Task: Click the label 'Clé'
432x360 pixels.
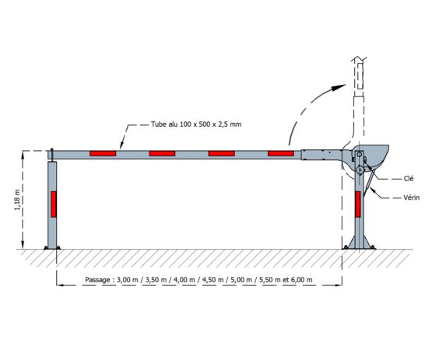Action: click(409, 179)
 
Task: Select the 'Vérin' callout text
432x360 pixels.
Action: click(411, 197)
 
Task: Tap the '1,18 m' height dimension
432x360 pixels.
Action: click(17, 200)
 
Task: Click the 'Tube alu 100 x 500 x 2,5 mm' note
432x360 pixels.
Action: click(196, 124)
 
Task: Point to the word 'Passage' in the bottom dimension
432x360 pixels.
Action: click(97, 280)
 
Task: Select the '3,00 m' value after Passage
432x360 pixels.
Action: click(128, 280)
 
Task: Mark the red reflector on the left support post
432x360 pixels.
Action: click(54, 204)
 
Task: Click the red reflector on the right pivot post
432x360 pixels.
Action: click(358, 204)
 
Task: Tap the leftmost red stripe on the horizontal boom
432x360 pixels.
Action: click(103, 153)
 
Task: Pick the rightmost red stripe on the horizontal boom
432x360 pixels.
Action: click(281, 153)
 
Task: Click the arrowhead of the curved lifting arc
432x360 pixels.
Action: click(339, 88)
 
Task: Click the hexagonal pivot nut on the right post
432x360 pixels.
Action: click(360, 170)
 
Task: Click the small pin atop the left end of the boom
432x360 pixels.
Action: click(52, 154)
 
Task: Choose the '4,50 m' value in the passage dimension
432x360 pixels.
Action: click(213, 280)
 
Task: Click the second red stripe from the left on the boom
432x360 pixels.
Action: click(162, 153)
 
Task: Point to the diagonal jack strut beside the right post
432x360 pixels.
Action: click(369, 183)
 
